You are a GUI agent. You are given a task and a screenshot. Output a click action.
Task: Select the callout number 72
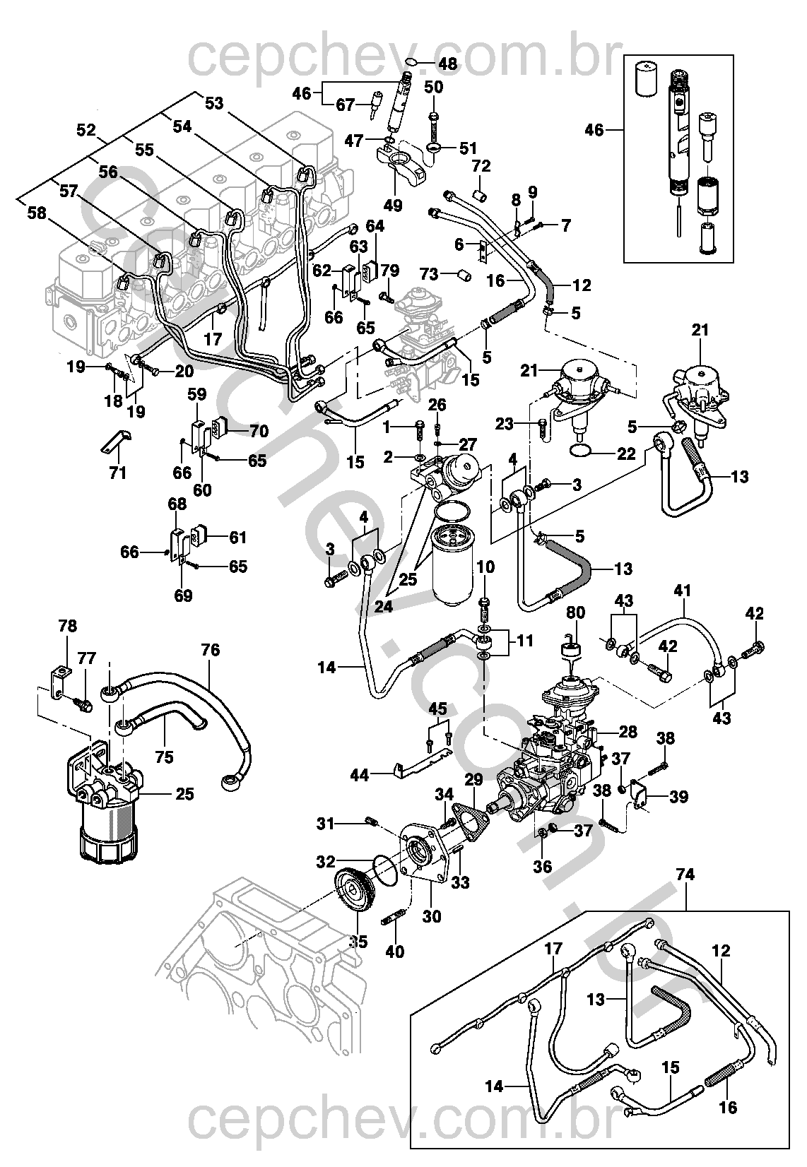pos(481,167)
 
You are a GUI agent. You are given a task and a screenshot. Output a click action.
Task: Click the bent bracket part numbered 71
pos(115,441)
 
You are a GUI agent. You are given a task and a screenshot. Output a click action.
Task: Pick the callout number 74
pos(685,875)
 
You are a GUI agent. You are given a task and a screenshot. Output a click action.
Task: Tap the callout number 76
pos(211,650)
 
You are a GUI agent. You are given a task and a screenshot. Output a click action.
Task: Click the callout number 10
pos(485,567)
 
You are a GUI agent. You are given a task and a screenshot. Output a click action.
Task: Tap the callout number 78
pos(68,626)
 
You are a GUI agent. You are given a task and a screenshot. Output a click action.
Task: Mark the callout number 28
pos(628,731)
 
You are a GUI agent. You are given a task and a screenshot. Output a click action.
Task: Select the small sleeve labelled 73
pos(464,273)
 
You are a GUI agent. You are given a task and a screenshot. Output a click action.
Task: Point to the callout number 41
pos(682,590)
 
